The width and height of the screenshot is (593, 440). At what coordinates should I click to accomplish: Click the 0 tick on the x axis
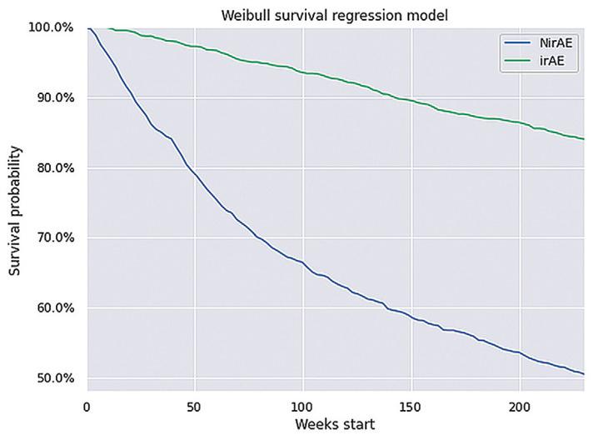tap(87, 406)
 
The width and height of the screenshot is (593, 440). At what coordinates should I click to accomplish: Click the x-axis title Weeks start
tap(335, 425)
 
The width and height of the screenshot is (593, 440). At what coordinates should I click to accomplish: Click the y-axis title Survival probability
tap(15, 212)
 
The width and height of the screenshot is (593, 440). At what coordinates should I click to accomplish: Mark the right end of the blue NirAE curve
tap(583, 374)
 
